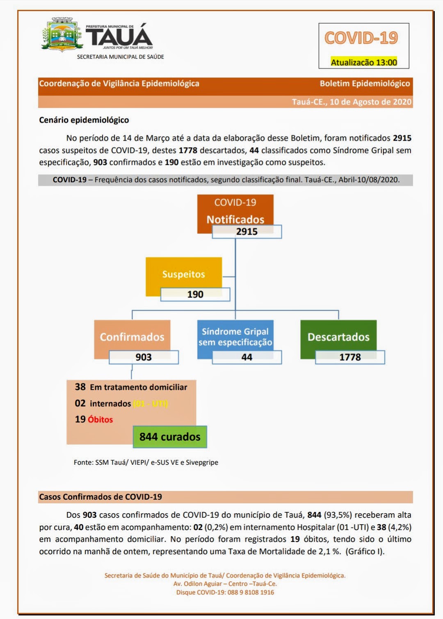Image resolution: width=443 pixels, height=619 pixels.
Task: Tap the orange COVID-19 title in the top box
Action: [361, 38]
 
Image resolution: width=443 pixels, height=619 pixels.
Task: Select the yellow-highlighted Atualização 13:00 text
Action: [364, 62]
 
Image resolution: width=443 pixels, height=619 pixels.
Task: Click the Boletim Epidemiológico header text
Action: [365, 84]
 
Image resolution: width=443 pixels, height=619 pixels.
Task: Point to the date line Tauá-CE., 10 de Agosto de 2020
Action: [352, 102]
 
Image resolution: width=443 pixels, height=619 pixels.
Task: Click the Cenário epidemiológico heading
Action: [84, 120]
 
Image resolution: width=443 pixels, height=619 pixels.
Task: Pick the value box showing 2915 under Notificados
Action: [247, 232]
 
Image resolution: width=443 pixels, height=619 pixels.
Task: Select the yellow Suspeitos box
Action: [183, 274]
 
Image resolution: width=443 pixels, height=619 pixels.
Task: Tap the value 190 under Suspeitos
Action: [195, 295]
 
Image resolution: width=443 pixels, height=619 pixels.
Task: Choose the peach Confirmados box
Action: [132, 337]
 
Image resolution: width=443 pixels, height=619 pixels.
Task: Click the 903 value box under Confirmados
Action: [144, 357]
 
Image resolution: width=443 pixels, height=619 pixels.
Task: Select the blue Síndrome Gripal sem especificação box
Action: [235, 337]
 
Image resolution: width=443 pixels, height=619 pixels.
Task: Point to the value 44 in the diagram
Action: [247, 357]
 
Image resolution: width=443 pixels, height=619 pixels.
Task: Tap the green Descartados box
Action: [338, 337]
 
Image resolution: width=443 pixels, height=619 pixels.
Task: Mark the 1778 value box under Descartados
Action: [350, 357]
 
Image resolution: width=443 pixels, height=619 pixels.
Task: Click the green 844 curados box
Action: [170, 437]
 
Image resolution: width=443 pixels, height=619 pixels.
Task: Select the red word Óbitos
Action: [100, 420]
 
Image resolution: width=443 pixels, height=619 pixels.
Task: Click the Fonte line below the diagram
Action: [146, 462]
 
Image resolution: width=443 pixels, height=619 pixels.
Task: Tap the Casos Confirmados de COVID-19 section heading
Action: [100, 497]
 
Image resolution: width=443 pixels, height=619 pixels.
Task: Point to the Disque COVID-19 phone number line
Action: [225, 592]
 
